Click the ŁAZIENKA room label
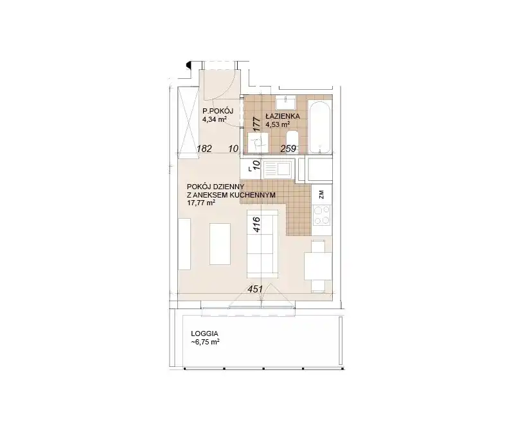pyautogui.click(x=283, y=116)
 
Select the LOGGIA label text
pyautogui.click(x=204, y=334)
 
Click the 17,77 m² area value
pyautogui.click(x=200, y=203)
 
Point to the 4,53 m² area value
pyautogui.click(x=278, y=124)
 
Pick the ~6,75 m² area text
pyautogui.click(x=205, y=342)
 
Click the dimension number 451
pyautogui.click(x=255, y=289)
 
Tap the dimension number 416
pyautogui.click(x=256, y=224)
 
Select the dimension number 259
pyautogui.click(x=288, y=149)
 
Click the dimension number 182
pyautogui.click(x=204, y=149)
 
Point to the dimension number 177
pyautogui.click(x=256, y=124)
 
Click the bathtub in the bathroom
pyautogui.click(x=319, y=127)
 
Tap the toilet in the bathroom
pyautogui.click(x=292, y=141)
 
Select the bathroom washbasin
pyautogui.click(x=286, y=102)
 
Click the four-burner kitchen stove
pyautogui.click(x=322, y=216)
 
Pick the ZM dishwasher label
pyautogui.click(x=321, y=194)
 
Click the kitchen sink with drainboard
pyautogui.click(x=278, y=169)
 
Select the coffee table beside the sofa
pyautogui.click(x=220, y=244)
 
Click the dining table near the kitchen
pyautogui.click(x=318, y=266)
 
